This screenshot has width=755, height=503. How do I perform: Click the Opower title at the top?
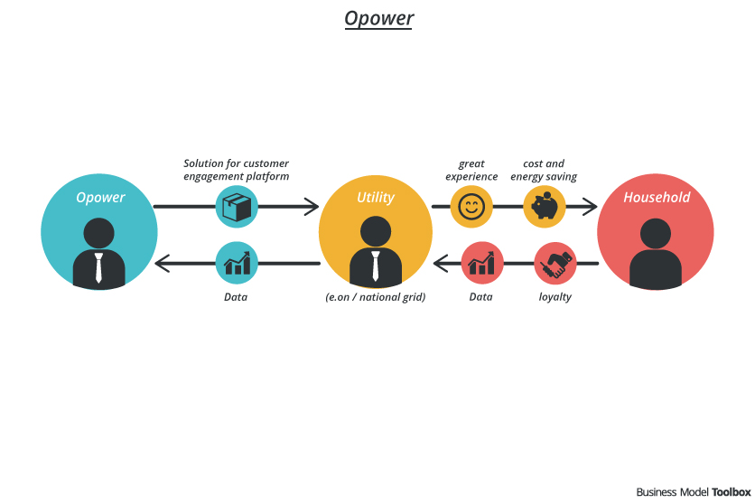point(378,18)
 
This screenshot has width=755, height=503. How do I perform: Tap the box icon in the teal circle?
point(237,207)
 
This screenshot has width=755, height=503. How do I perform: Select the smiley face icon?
point(471,207)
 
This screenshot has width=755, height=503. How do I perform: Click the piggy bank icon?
point(544,207)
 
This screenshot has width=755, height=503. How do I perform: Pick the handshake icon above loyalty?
point(555,265)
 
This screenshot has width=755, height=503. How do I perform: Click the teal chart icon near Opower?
point(237,265)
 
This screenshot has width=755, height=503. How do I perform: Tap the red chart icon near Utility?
point(481,265)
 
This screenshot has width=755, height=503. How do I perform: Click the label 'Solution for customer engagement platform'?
point(237,170)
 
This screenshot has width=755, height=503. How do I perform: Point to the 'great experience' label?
point(471,170)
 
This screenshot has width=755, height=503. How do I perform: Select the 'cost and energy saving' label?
point(544,170)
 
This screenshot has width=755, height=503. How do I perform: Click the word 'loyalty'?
point(555,296)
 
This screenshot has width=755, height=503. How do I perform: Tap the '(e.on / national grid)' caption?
point(376,296)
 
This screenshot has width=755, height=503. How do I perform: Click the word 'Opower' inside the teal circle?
point(100,198)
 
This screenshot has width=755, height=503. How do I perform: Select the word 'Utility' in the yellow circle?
point(376,197)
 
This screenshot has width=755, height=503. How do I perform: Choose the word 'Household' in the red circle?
point(657,197)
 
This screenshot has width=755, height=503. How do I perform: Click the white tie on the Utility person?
point(376,265)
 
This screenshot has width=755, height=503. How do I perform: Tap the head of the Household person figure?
point(656,233)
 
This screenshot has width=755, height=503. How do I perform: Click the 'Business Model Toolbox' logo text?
point(693,492)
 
